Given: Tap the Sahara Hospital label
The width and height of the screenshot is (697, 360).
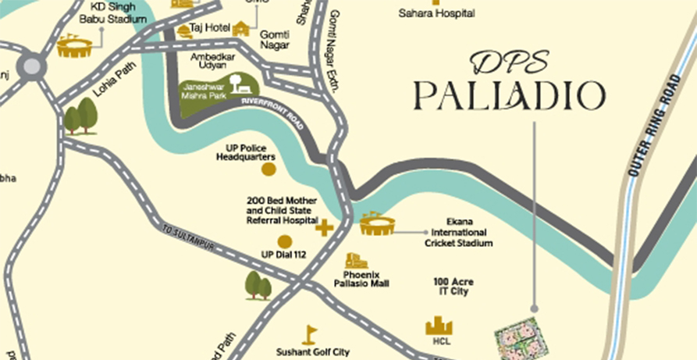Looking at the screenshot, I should [425, 12].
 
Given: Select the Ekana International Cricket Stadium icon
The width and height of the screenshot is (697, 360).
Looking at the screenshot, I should [378, 224].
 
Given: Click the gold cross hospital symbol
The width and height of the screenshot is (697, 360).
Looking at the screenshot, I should [323, 228].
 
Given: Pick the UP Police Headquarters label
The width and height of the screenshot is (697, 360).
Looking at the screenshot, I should [247, 151].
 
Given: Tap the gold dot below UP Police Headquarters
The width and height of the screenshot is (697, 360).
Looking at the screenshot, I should [268, 169].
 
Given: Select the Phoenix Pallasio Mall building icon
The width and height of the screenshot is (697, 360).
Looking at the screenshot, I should [356, 261].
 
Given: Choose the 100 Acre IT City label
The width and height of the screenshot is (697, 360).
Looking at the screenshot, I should [453, 286].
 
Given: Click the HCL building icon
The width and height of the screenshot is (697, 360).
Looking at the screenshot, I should [439, 325].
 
